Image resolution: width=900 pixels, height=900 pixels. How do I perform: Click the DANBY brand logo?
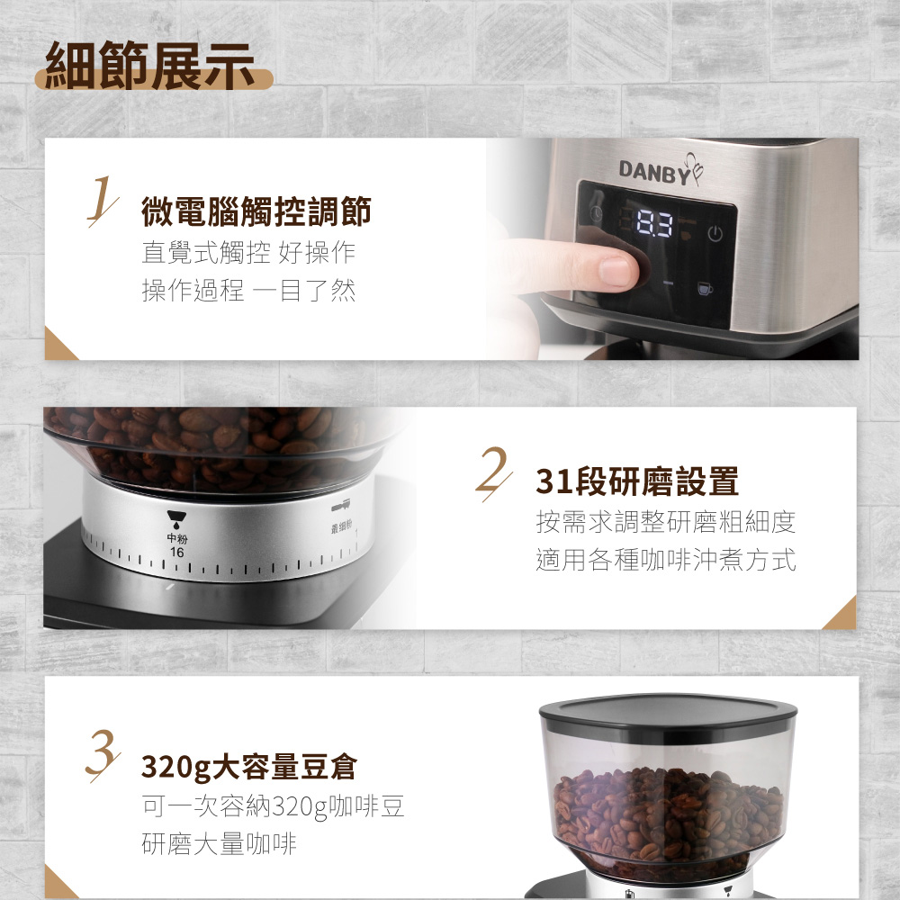pos(660,170)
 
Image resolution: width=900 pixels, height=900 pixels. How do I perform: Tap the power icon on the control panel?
pos(715,234)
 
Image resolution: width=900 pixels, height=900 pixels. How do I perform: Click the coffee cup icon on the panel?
pos(705,288)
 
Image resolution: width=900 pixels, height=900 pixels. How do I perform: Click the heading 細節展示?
pos(149,66)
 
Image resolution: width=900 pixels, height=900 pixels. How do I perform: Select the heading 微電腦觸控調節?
pos(256,211)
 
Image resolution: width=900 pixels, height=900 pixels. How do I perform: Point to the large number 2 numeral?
pos(493,472)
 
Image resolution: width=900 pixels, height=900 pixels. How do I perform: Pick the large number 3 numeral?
pos(103,753)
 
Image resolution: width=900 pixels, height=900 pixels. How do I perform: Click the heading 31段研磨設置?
pos(637,481)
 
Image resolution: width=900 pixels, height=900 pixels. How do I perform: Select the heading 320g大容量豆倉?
pos(249,768)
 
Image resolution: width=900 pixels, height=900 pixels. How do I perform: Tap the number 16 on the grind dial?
pos(176,553)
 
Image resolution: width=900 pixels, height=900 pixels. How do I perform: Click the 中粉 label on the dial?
pos(176,538)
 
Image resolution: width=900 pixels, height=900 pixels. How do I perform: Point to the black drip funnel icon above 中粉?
pos(176,519)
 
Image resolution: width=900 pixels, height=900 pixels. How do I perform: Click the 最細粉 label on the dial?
pos(341,527)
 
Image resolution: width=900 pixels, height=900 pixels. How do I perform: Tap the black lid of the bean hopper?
pos(668,714)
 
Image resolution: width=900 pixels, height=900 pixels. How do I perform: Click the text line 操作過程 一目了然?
pos(248,290)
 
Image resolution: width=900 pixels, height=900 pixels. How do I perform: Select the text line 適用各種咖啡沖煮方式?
pos(666,560)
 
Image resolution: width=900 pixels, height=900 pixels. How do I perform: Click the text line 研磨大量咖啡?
pos(219,844)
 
